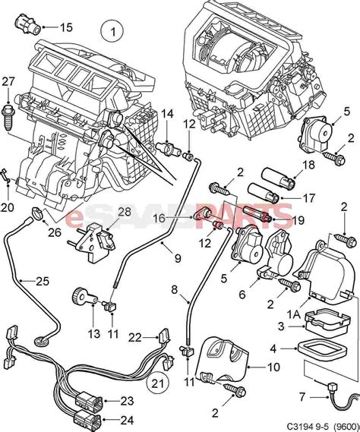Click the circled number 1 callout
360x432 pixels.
click(x=112, y=33)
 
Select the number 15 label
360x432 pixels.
click(x=66, y=27)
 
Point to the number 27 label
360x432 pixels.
click(x=8, y=81)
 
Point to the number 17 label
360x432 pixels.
click(x=309, y=197)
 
